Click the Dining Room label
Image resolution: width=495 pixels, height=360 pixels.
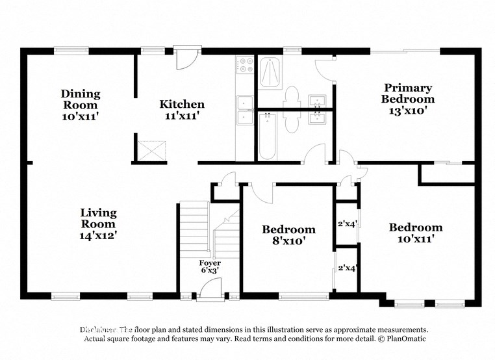coord(81,99)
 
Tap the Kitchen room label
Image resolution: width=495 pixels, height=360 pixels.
coord(182,104)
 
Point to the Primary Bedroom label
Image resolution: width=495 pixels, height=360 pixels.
coord(407,94)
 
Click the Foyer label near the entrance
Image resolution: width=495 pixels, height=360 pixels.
coord(209,263)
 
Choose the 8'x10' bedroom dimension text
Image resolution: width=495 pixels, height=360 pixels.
coord(288,241)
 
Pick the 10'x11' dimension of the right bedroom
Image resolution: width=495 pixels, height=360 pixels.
coord(416,239)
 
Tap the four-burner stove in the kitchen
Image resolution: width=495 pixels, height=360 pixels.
coord(245,65)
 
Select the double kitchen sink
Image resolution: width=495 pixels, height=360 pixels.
coord(245,110)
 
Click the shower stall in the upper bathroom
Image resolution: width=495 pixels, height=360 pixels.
coord(271,73)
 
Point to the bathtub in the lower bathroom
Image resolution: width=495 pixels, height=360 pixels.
coord(268,136)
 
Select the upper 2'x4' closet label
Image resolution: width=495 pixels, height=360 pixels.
coord(348,224)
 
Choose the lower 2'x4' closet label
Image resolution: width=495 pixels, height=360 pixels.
coord(348,268)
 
